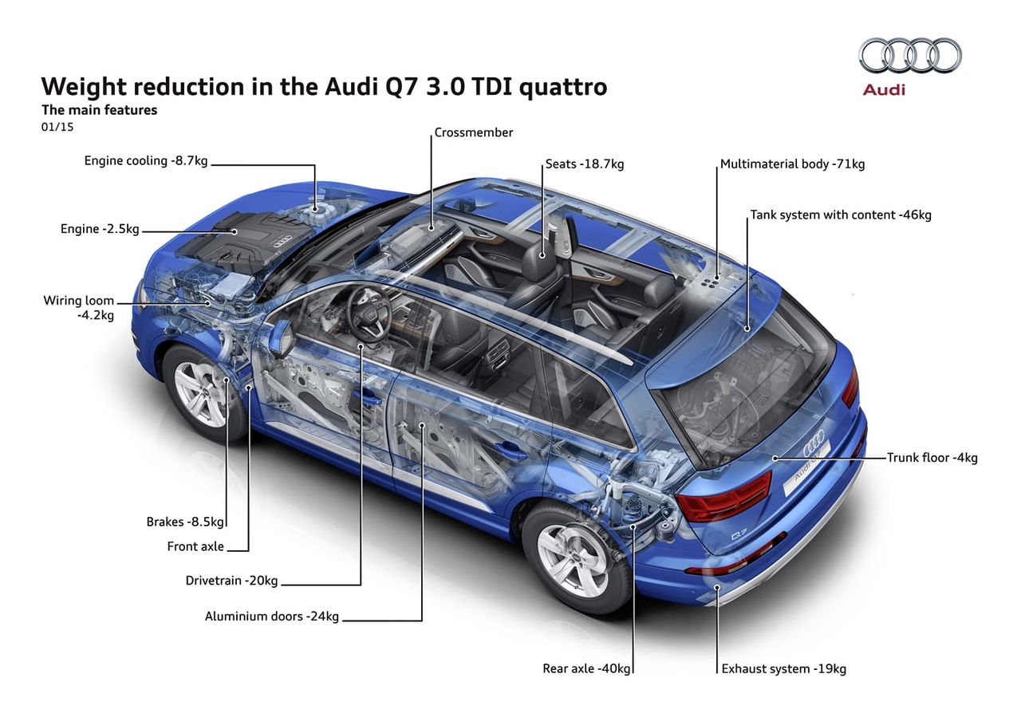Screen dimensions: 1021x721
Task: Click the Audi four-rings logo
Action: [910, 55]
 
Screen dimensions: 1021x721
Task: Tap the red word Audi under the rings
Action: [884, 90]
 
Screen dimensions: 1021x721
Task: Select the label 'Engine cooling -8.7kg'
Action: [146, 161]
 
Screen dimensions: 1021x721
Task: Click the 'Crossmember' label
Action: [474, 132]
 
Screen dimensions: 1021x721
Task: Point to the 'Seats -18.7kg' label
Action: [585, 164]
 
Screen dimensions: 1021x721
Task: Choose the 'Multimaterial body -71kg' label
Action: [792, 164]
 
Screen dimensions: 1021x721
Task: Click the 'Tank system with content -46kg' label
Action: [841, 215]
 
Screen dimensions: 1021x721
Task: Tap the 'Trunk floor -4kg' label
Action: [932, 458]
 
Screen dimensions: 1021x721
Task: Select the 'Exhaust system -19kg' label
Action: [784, 669]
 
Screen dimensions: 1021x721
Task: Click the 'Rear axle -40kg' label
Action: [586, 668]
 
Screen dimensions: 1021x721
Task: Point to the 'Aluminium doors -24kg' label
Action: [272, 617]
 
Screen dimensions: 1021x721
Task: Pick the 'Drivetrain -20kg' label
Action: [231, 581]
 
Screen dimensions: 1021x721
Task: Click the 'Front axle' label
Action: [195, 546]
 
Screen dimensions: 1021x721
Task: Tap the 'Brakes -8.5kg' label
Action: [185, 522]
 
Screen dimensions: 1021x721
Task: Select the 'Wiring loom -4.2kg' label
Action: [79, 308]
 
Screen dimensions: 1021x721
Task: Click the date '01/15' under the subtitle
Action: [57, 127]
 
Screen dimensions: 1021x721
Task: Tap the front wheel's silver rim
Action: [200, 394]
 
